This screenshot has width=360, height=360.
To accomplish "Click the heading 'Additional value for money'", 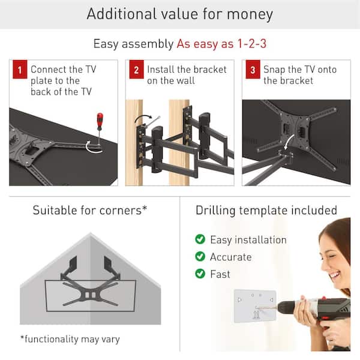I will (x=179, y=14).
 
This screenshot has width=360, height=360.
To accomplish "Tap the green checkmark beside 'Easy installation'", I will (x=200, y=239).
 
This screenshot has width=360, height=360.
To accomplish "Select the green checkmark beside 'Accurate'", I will (x=200, y=257).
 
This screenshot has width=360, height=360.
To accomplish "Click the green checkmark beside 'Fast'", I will (x=200, y=274).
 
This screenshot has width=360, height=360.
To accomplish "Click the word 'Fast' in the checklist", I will (x=220, y=274).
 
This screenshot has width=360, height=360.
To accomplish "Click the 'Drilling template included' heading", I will (x=266, y=211).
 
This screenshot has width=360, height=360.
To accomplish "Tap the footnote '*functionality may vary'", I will (x=70, y=339).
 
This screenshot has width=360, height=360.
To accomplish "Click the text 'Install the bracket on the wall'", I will (x=187, y=75).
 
